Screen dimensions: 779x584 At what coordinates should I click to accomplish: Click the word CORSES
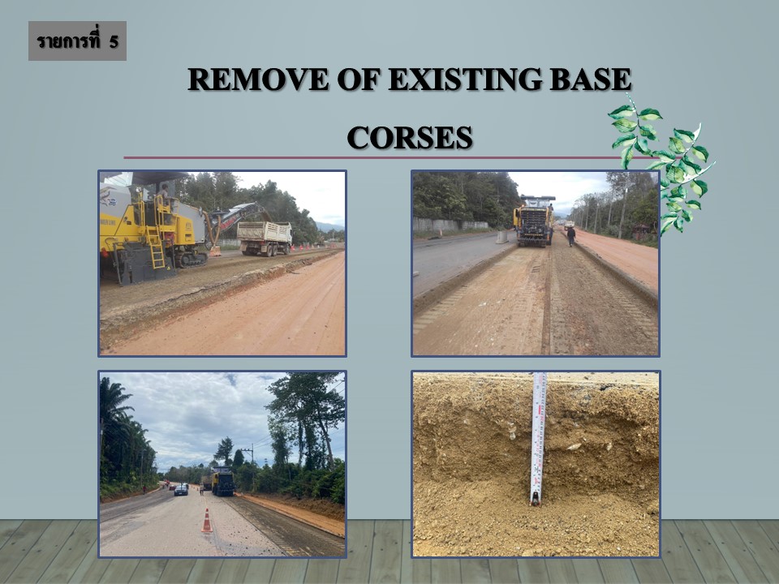(409, 138)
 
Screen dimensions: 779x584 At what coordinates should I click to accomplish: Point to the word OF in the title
(359, 79)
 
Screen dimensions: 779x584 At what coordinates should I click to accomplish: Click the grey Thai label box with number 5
(78, 41)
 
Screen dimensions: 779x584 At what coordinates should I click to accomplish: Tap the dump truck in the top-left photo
(265, 238)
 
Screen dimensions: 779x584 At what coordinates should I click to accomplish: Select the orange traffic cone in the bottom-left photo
(207, 521)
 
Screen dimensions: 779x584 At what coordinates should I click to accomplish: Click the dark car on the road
(181, 490)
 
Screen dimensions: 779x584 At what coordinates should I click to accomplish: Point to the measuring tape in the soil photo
(538, 439)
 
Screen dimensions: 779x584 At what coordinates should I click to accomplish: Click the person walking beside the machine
(571, 236)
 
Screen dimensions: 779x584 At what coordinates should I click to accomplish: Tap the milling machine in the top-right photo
(534, 221)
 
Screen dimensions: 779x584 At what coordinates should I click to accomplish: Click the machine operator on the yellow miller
(165, 194)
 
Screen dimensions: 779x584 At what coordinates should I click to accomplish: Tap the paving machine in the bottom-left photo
(223, 481)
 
